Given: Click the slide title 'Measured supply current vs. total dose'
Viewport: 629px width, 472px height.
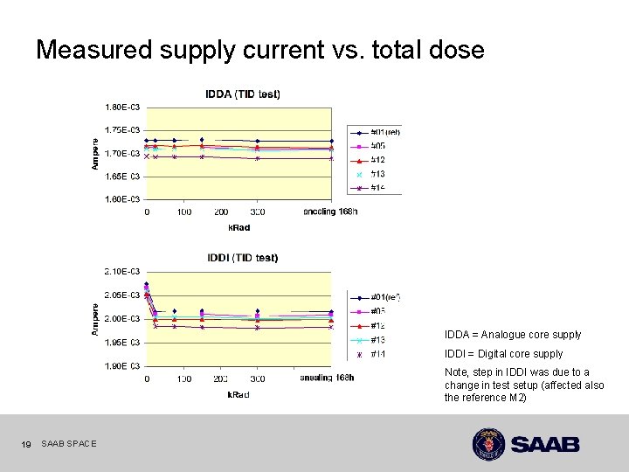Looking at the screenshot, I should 259,50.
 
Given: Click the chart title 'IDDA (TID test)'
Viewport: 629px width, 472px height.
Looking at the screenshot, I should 243,94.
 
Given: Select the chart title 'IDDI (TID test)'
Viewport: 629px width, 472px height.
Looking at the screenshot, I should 243,258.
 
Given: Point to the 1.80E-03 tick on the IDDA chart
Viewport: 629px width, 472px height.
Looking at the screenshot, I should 122,108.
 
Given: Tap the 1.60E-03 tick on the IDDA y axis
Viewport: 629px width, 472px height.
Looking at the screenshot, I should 122,199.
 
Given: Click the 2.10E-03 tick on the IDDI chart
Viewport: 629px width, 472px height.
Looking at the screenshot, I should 122,272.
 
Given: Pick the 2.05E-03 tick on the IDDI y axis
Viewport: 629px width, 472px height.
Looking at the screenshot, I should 122,295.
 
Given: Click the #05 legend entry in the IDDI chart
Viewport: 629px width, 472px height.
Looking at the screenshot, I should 378,311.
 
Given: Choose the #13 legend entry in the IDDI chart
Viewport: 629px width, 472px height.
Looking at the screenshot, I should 378,340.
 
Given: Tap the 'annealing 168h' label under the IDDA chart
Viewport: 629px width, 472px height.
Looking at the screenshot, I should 329,212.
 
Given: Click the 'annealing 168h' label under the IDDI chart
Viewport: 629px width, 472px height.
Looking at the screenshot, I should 327,378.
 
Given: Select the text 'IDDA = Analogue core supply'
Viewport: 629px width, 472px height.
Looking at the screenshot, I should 512,335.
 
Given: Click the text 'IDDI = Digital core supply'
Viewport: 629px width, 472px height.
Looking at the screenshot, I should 503,354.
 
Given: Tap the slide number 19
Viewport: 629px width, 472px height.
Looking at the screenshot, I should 25,445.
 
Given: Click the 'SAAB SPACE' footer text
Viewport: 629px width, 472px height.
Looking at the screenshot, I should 69,445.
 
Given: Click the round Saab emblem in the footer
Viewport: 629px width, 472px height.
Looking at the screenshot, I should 489,444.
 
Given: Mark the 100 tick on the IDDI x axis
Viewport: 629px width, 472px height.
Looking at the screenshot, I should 183,378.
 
